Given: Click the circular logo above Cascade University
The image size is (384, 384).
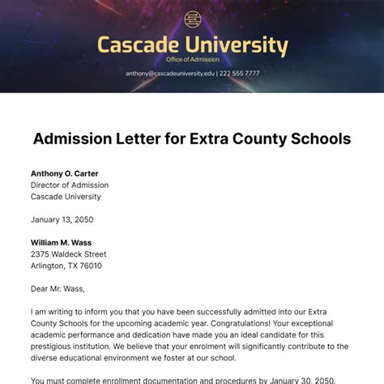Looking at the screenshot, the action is (192, 19).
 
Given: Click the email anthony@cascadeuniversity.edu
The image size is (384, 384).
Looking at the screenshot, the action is (170, 73).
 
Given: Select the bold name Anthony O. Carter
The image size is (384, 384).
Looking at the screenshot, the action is (66, 173).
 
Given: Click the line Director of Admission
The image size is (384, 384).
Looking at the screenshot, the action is (70, 185).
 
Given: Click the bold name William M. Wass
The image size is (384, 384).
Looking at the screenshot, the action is (61, 242).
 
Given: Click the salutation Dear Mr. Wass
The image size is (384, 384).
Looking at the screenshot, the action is (58, 288).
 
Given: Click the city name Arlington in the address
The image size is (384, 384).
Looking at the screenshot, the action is (49, 265).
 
